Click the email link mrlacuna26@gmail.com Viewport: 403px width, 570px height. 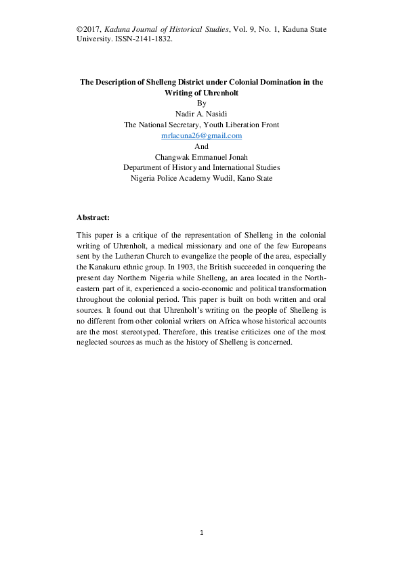pyautogui.click(x=201, y=135)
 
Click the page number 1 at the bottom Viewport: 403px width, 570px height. pyautogui.click(x=201, y=533)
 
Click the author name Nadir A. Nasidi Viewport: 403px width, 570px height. pyautogui.click(x=201, y=114)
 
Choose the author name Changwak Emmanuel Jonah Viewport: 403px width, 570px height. pyautogui.click(x=201, y=156)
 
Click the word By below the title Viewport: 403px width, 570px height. pyautogui.click(x=201, y=103)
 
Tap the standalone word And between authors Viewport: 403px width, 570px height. pyautogui.click(x=201, y=146)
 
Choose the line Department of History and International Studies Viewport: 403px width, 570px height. pyautogui.click(x=201, y=167)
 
